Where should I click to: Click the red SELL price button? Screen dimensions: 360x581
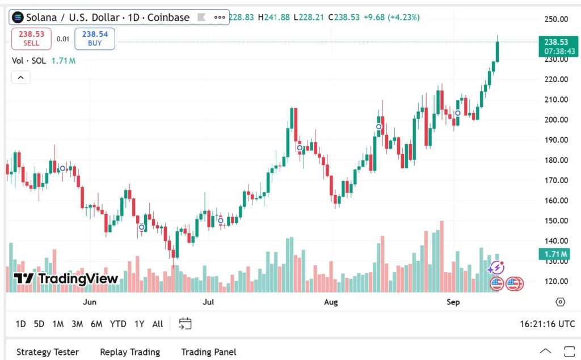[x=31, y=39]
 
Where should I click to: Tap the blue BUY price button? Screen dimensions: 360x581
[x=95, y=39]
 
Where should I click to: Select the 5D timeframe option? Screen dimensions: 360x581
[x=39, y=324]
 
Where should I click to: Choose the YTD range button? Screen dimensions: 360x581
[x=118, y=324]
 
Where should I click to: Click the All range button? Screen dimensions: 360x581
[x=158, y=324]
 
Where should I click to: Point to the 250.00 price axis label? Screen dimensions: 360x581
[x=556, y=19]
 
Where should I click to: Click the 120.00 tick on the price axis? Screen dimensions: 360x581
[x=556, y=281]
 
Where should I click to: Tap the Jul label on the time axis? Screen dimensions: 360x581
[x=209, y=302]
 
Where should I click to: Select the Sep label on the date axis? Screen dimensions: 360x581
[x=453, y=302]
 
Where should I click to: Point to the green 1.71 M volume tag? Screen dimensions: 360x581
[x=559, y=254]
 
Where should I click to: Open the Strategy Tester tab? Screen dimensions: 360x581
[x=48, y=352]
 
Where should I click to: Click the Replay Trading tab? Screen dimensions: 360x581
[x=130, y=352]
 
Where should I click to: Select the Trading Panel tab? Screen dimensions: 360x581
[x=209, y=352]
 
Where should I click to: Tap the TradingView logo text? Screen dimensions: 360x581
[x=66, y=278]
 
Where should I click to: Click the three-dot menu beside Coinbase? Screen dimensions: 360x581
[x=220, y=18]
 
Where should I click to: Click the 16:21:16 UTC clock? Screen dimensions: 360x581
[x=547, y=324]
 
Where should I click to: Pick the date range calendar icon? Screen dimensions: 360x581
[x=185, y=324]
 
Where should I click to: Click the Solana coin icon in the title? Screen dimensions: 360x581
[x=18, y=18]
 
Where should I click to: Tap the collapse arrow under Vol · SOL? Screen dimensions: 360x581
[x=20, y=78]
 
